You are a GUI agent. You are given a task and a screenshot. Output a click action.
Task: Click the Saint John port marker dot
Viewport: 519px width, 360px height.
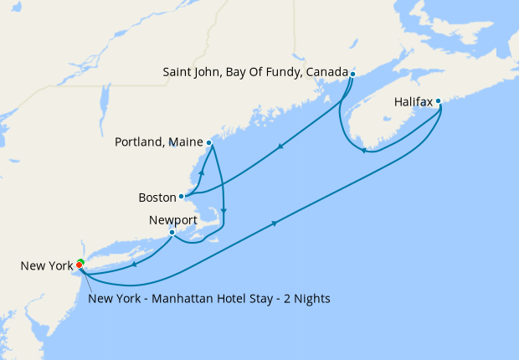(352, 74)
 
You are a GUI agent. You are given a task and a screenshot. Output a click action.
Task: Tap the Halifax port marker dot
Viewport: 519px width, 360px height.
(438, 102)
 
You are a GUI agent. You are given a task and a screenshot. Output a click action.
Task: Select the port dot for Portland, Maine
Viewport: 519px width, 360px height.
(208, 142)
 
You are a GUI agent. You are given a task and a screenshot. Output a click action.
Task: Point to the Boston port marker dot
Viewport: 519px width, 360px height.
(182, 197)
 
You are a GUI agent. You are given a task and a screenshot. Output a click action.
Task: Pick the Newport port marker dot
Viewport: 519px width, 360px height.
(172, 232)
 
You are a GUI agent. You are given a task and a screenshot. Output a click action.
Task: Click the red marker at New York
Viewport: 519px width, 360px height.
(80, 265)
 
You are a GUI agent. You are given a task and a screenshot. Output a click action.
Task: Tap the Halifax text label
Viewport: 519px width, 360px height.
(414, 102)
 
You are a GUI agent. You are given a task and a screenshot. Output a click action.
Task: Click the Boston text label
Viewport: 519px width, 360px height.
(157, 198)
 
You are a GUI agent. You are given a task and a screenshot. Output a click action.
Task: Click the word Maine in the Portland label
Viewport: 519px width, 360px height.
(184, 142)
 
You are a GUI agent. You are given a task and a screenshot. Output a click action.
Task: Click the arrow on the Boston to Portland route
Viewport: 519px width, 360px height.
(202, 170)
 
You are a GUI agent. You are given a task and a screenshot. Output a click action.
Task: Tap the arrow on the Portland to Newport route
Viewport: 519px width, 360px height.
(224, 210)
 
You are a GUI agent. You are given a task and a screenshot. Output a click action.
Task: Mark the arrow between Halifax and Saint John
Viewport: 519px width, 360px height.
(363, 151)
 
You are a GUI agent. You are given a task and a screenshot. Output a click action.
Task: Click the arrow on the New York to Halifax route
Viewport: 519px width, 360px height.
(275, 223)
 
